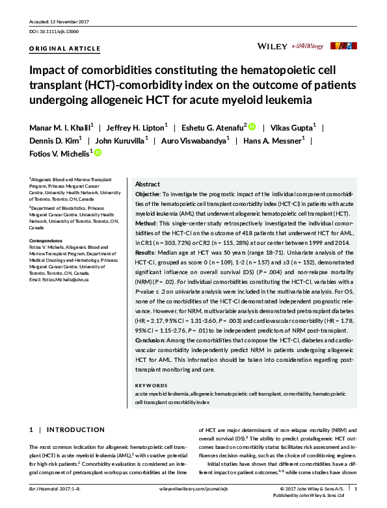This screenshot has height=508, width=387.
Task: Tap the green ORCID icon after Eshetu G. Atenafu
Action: point(252,127)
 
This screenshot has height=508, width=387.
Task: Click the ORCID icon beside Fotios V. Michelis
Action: point(98,153)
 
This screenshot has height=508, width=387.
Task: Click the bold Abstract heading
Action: point(147,184)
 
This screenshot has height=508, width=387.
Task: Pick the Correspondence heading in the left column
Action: point(49,240)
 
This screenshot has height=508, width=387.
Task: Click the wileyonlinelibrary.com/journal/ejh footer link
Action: point(193,489)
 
